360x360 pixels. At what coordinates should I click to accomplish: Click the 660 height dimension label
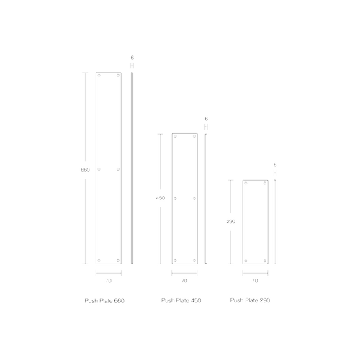[x=85, y=170]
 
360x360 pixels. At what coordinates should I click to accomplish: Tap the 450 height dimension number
[x=161, y=198]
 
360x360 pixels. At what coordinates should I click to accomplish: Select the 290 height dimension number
[x=231, y=222]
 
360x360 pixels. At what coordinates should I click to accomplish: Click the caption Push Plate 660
[x=104, y=301]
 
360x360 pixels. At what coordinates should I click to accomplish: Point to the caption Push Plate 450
[x=181, y=300]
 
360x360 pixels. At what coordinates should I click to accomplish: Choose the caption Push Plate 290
[x=250, y=300]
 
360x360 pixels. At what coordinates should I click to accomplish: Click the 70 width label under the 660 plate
[x=109, y=281]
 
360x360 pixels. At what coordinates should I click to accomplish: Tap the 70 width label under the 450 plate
[x=184, y=281]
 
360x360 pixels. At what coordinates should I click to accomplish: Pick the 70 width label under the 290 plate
[x=255, y=281]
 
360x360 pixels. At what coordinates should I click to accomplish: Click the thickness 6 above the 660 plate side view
[x=132, y=58]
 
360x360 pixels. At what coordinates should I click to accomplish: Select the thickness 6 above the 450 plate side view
[x=207, y=119]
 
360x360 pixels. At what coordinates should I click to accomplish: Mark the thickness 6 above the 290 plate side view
[x=275, y=165]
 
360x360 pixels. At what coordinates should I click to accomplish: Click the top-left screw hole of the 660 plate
[x=99, y=76]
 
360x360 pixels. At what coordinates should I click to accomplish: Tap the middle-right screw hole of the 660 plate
[x=118, y=169]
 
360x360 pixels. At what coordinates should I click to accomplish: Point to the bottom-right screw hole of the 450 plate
[x=194, y=261]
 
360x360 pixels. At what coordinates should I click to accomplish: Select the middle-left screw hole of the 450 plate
[x=175, y=199]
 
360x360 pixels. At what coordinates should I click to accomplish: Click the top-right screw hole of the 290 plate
[x=265, y=183]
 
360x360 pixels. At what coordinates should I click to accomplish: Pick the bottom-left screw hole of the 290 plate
[x=246, y=261]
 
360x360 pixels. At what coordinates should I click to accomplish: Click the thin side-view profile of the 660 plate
[x=132, y=168]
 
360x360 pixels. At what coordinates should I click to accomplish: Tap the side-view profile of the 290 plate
[x=275, y=222]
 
